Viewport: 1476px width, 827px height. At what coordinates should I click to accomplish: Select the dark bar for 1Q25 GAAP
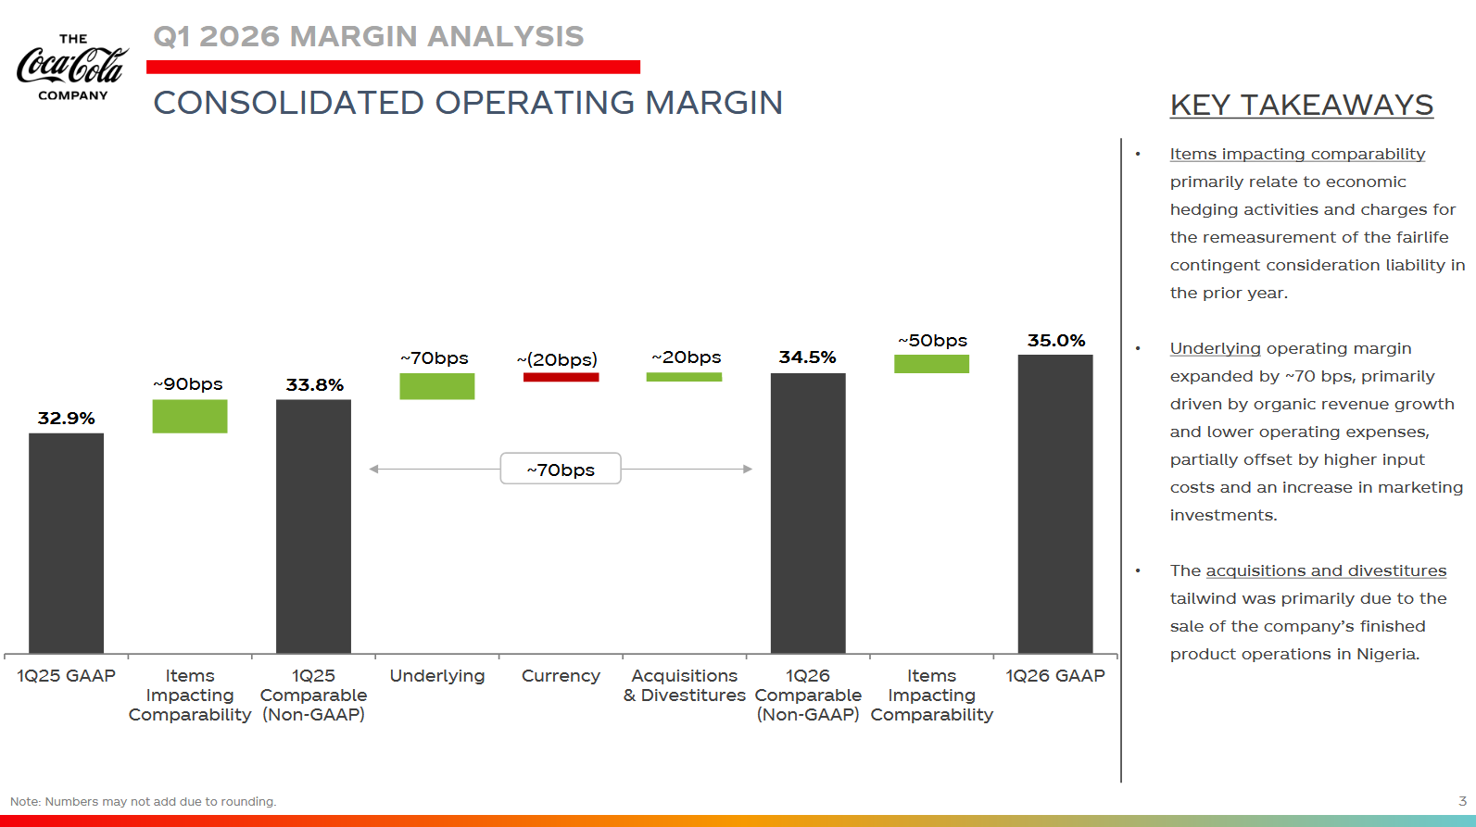pos(66,543)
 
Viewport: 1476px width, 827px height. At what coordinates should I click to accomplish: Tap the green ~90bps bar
pos(190,416)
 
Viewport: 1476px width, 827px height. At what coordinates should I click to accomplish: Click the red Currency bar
pos(561,377)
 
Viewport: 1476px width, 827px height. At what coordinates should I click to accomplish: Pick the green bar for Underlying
pos(437,386)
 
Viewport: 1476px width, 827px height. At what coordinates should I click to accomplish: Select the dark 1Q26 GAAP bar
pos(1055,504)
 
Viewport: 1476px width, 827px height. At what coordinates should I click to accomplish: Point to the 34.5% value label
pos(807,357)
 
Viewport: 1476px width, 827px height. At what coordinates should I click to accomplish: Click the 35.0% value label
pos(1055,341)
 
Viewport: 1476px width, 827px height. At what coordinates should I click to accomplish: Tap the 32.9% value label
pos(66,419)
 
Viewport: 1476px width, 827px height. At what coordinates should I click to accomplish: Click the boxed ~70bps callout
pos(561,469)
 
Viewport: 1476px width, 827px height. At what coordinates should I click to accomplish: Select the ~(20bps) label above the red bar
pos(557,359)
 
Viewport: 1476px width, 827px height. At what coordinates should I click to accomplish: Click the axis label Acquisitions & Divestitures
pos(685,685)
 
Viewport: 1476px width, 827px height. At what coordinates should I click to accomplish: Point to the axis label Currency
pos(561,676)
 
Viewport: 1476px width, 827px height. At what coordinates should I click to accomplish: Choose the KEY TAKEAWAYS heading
pos(1301,106)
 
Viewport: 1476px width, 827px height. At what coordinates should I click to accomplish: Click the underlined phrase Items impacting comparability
pos(1297,155)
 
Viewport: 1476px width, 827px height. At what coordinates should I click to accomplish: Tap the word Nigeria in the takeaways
pos(1386,654)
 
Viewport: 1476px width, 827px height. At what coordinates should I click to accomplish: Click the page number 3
pos(1462,801)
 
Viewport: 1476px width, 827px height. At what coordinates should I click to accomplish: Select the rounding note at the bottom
pos(144,802)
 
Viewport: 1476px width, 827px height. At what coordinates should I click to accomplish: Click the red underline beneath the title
pos(393,67)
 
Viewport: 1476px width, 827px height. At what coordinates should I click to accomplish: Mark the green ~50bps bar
pos(931,364)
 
